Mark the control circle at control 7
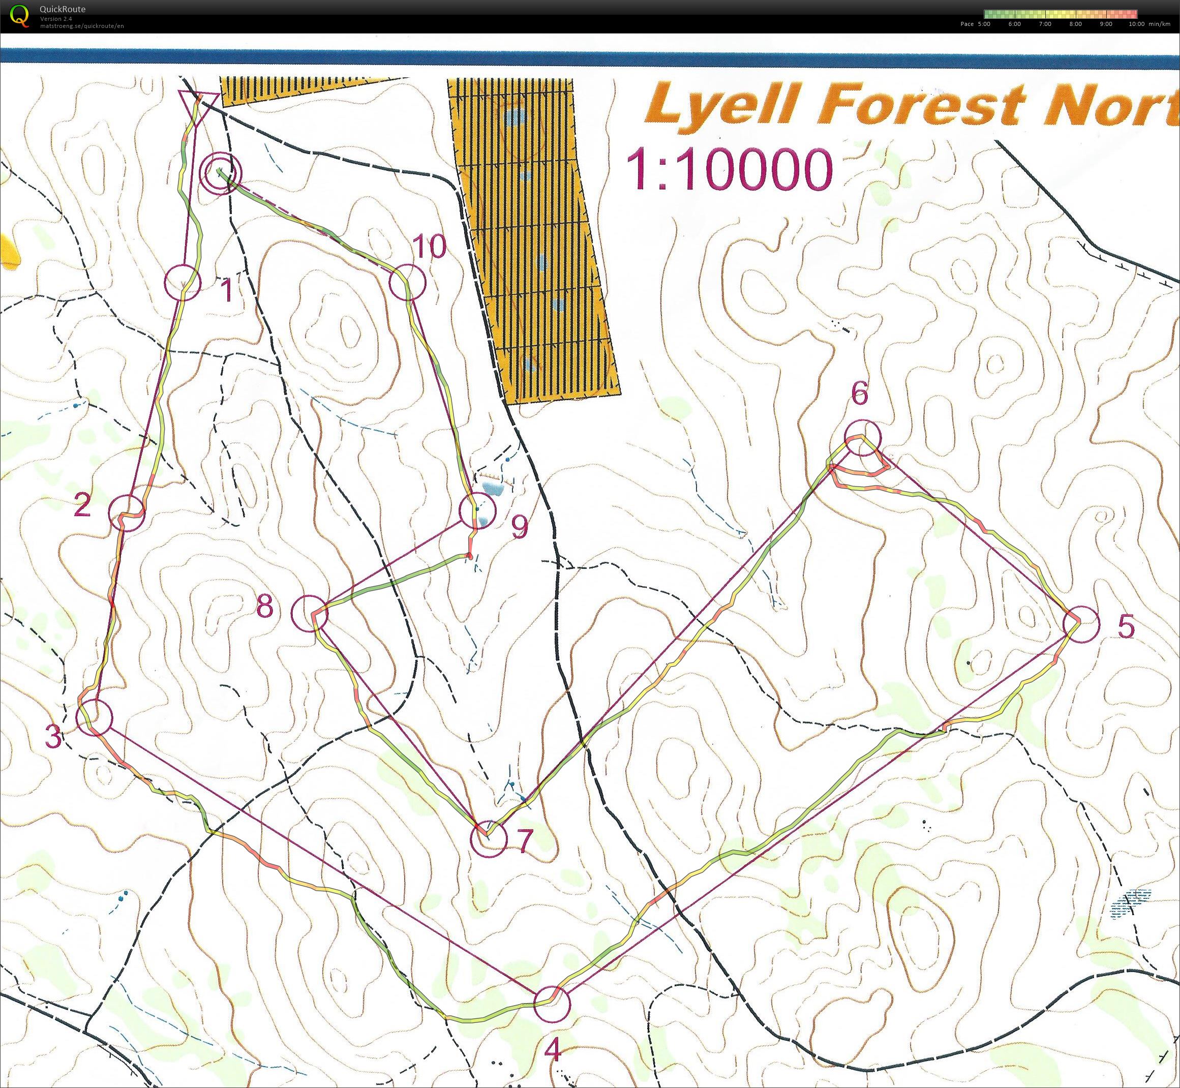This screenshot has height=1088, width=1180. click(x=489, y=838)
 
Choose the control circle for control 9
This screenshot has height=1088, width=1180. click(x=476, y=511)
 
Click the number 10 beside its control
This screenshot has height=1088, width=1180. click(x=430, y=247)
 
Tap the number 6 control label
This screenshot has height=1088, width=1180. click(x=860, y=394)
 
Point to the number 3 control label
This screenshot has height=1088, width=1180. click(x=53, y=737)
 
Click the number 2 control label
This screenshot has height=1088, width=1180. click(x=82, y=505)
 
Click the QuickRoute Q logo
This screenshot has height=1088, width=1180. click(x=20, y=15)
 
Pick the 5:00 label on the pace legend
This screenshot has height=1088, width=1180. click(x=983, y=24)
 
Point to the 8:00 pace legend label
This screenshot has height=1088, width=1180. click(x=1075, y=24)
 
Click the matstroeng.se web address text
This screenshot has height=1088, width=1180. click(x=82, y=26)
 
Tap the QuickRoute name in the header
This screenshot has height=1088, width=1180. click(x=63, y=9)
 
